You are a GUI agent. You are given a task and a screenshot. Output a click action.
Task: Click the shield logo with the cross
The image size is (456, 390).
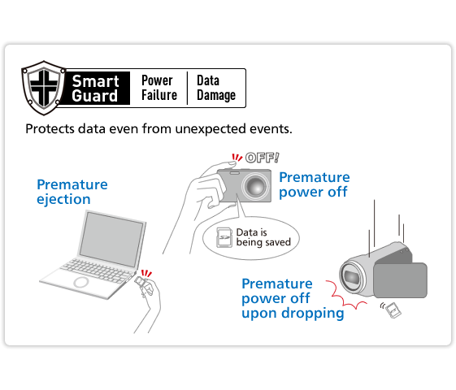42,87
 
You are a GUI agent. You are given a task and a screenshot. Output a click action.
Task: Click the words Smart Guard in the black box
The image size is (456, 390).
95,88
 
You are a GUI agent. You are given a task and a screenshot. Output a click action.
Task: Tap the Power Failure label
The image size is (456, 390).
159,88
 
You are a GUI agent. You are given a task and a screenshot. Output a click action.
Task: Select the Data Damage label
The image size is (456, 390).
215,88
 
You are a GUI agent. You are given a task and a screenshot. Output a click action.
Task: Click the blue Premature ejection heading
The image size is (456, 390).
72,192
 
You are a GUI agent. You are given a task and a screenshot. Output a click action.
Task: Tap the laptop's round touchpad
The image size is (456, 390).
83,282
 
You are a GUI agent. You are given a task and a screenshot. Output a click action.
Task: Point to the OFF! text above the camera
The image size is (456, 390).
262,158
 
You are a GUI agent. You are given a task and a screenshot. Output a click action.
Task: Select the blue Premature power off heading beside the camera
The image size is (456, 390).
315,184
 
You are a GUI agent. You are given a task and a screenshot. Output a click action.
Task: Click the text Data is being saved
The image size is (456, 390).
263,237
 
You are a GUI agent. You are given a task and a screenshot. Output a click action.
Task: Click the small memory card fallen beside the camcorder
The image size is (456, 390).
393,310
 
